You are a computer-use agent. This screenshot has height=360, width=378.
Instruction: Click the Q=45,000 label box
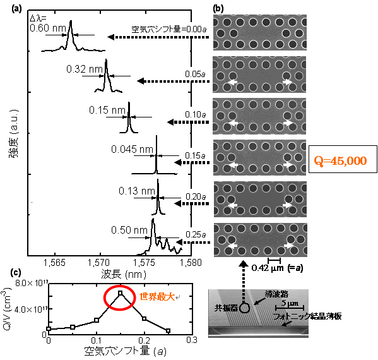click(343, 159)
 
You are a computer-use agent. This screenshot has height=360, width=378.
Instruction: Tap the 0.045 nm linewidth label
click(132, 149)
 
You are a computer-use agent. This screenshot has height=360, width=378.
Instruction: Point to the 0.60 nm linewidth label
click(48, 28)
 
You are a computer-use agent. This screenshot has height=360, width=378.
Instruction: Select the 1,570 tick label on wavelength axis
click(98, 263)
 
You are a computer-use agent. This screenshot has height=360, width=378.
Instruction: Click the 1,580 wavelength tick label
click(191, 263)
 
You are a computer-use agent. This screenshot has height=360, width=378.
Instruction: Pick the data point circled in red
click(121, 293)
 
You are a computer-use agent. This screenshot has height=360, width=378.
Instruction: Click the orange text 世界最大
click(157, 297)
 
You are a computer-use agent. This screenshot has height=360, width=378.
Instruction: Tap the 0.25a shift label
click(196, 234)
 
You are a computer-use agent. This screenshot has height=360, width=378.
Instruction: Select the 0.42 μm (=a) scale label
click(277, 268)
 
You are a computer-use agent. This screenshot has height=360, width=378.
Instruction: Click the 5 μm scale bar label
click(290, 303)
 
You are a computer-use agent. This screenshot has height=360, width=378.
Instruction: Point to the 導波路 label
click(276, 294)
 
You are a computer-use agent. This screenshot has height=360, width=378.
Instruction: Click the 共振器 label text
click(227, 308)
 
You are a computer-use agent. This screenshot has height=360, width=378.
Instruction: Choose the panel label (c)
click(16, 273)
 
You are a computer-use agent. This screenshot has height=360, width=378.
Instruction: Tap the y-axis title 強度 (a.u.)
click(14, 134)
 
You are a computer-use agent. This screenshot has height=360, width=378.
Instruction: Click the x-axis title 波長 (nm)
click(124, 274)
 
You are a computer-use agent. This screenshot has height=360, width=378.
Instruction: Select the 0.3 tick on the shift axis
click(192, 340)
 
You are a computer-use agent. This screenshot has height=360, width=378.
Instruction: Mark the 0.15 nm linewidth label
click(107, 110)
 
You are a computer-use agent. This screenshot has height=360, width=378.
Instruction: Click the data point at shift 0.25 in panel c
click(168, 330)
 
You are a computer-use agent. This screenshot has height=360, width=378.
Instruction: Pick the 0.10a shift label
click(196, 114)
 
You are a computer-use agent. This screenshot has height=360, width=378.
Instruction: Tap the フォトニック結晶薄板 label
click(307, 316)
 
